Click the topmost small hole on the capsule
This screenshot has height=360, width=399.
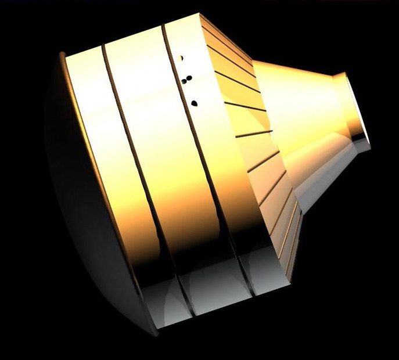click(x=182, y=58)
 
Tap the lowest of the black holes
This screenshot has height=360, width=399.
click(x=194, y=103)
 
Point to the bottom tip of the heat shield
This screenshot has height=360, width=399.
click(x=154, y=334)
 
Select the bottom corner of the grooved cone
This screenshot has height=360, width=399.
click(x=287, y=273)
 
